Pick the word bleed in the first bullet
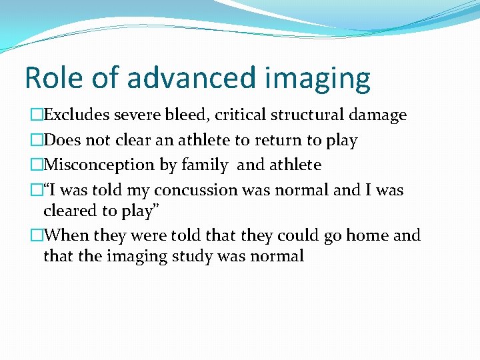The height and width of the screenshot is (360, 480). click(188, 115)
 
